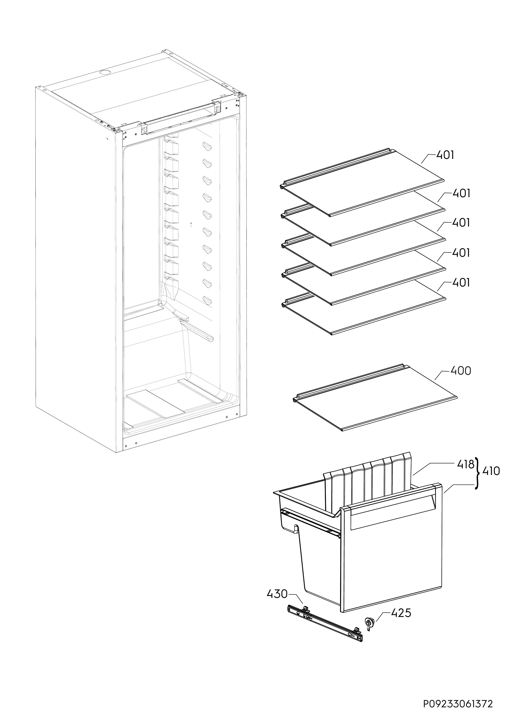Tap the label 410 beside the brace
(x=491, y=471)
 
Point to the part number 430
(x=277, y=594)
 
